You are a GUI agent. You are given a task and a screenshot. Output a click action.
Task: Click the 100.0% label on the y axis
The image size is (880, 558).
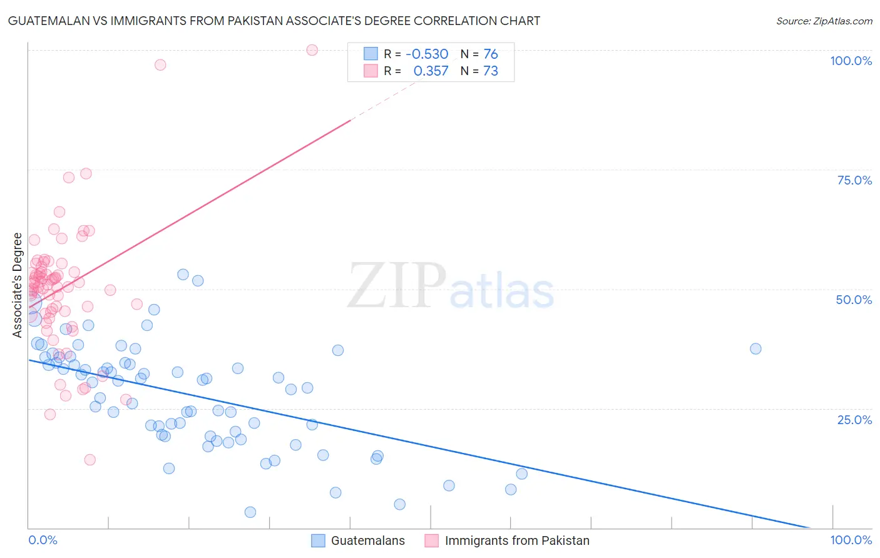point(851,61)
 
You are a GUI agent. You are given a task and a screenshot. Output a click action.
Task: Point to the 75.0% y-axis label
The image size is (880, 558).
point(854,180)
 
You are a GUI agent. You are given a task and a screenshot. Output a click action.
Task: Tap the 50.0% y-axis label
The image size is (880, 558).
point(854,300)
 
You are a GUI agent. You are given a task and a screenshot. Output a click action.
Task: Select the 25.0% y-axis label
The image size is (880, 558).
point(854,419)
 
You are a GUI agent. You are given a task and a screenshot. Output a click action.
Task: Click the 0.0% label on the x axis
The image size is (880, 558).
point(43,540)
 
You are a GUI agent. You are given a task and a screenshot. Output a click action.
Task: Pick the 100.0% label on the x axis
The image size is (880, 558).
point(851,540)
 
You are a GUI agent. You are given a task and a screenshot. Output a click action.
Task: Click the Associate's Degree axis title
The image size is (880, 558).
point(18,285)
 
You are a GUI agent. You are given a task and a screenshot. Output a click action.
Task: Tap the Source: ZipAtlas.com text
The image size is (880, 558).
point(824,21)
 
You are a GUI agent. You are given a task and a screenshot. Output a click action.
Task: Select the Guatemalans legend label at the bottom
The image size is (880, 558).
point(367,540)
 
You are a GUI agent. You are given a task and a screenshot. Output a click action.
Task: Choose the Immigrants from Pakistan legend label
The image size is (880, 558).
point(517,540)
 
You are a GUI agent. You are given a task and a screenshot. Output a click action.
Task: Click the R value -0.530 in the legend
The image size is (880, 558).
point(427,54)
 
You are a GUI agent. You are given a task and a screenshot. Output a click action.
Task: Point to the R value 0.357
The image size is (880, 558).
point(431,71)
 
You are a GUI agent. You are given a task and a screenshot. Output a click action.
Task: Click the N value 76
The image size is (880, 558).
point(491,54)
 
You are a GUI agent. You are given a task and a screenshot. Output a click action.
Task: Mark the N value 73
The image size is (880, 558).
point(491,71)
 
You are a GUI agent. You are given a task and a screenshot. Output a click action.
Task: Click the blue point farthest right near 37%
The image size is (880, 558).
point(755,348)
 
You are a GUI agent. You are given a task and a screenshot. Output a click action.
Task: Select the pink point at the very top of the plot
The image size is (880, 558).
point(312,50)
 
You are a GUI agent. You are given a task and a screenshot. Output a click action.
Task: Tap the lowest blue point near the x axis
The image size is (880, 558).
point(250,512)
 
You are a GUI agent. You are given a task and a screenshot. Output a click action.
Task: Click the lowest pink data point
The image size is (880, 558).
point(90,460)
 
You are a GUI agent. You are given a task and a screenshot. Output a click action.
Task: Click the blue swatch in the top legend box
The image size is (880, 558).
point(371,54)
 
